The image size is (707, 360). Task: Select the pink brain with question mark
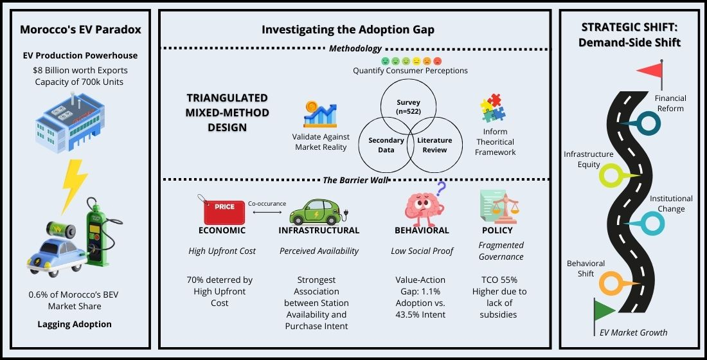click(423, 204)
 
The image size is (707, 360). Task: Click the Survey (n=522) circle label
click(408, 106)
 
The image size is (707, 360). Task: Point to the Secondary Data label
click(386, 145)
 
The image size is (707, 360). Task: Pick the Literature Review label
click(434, 145)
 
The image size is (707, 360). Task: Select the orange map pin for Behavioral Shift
click(611, 283)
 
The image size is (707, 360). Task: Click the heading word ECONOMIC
click(222, 230)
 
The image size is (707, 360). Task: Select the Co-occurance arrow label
click(267, 204)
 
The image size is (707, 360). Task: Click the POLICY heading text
click(497, 230)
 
